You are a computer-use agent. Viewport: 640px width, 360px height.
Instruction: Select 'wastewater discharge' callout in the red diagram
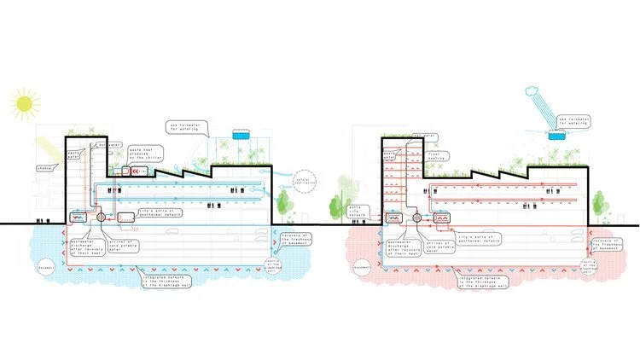pos(401,248)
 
